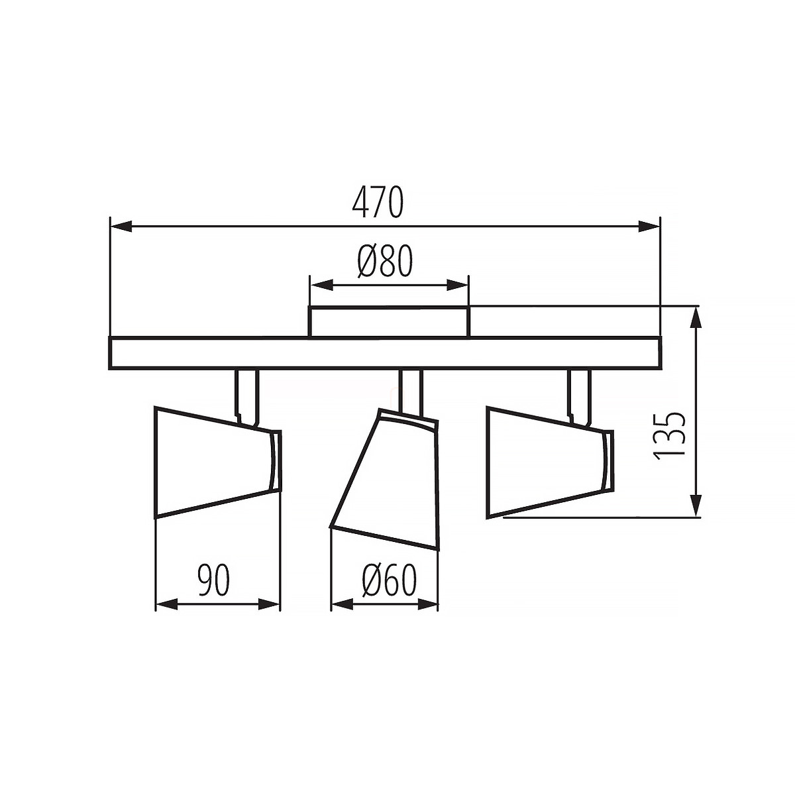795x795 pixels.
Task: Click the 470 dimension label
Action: [x=378, y=202]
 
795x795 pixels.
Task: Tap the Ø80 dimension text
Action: [x=385, y=262]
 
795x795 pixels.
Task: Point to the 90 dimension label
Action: [x=213, y=580]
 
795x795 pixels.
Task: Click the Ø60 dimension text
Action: [x=389, y=581]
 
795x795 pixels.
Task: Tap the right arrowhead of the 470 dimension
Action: [x=649, y=226]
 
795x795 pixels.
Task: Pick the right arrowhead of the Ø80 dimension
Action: [x=457, y=285]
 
